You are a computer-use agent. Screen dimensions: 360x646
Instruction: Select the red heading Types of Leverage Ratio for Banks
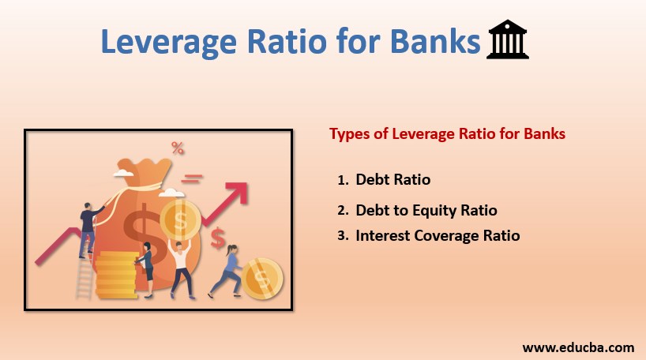[x=447, y=133]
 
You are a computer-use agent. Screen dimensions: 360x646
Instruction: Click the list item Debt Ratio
[x=392, y=179]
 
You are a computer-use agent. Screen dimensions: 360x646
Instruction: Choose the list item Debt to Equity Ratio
[x=426, y=210]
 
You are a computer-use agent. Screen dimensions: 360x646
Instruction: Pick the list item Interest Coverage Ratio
[x=438, y=234]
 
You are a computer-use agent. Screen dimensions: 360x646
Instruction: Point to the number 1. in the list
[x=343, y=180]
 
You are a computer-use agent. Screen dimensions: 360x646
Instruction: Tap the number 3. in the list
[x=343, y=235]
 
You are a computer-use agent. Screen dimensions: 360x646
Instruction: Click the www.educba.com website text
[x=578, y=346]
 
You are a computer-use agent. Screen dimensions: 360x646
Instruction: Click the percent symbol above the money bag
[x=178, y=148]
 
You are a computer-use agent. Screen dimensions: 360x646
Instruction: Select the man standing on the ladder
[x=88, y=226]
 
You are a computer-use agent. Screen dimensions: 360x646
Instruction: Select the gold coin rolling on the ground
[x=261, y=279]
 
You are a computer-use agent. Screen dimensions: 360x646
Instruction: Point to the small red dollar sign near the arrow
[x=217, y=236]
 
